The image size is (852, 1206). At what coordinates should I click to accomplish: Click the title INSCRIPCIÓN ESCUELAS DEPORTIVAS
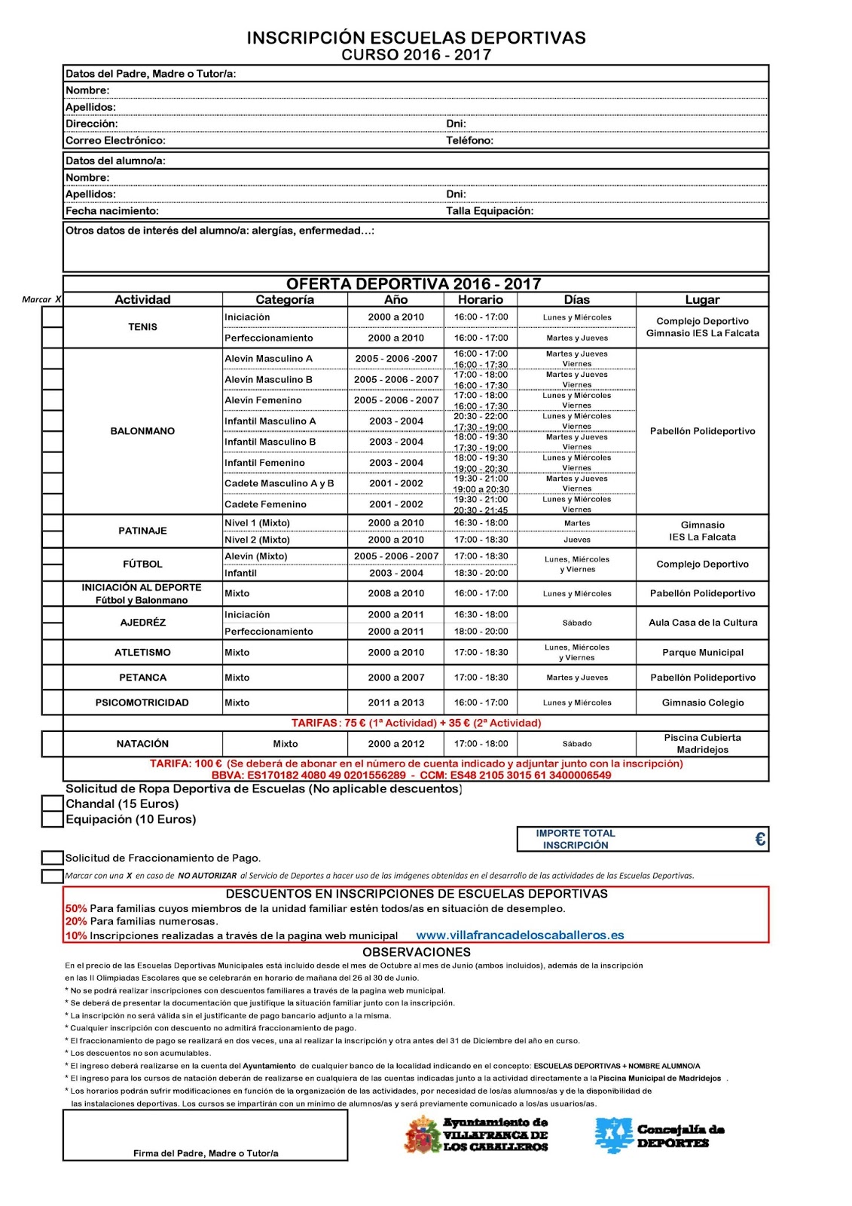(416, 38)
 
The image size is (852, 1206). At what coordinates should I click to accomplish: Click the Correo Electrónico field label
(115, 140)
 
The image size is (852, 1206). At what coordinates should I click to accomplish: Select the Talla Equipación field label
(489, 211)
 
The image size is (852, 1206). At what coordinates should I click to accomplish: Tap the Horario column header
(481, 299)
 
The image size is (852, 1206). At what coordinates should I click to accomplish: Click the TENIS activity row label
(142, 327)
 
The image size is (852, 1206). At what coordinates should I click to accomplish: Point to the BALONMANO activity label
(142, 431)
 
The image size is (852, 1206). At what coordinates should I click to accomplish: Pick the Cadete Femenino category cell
(265, 504)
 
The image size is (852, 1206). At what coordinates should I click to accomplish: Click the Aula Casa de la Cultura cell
(702, 623)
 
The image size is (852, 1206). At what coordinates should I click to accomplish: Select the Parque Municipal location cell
(702, 653)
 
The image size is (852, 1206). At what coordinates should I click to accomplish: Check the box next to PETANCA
(52, 677)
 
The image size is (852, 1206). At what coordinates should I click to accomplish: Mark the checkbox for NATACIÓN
(52, 744)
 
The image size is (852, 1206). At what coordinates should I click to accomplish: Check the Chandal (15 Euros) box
(52, 804)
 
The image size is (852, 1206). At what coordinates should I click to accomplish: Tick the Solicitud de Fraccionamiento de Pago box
(52, 858)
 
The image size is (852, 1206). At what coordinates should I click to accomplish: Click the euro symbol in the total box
(759, 839)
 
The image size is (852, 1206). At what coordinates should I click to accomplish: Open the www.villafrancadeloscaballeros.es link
(520, 935)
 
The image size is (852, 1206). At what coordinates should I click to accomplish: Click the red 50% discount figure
(75, 908)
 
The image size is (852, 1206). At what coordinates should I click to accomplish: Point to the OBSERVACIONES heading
(416, 952)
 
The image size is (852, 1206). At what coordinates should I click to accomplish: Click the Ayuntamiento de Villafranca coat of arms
(423, 1135)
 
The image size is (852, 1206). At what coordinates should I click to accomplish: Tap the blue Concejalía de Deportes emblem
(613, 1135)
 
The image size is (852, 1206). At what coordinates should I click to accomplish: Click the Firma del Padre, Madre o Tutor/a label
(206, 1153)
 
